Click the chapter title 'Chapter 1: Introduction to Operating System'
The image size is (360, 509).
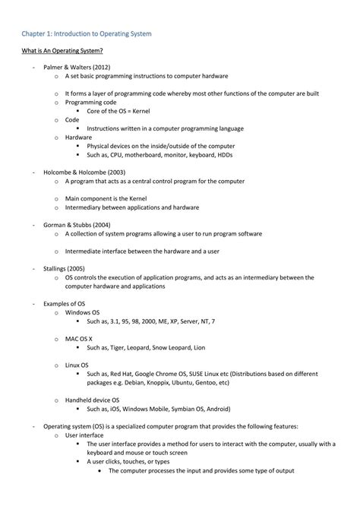[x=87, y=34]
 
